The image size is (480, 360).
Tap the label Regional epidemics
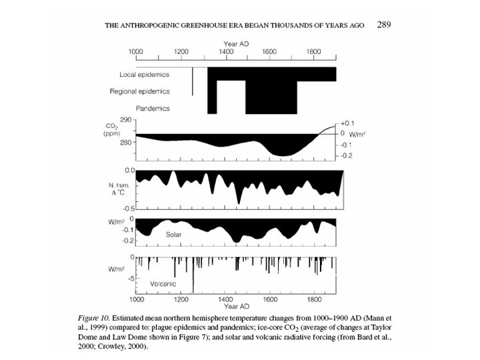click(139, 91)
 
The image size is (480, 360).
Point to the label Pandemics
click(153, 108)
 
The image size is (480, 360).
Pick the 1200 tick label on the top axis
click(181, 51)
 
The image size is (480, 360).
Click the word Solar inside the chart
click(174, 235)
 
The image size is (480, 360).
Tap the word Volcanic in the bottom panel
click(162, 283)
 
